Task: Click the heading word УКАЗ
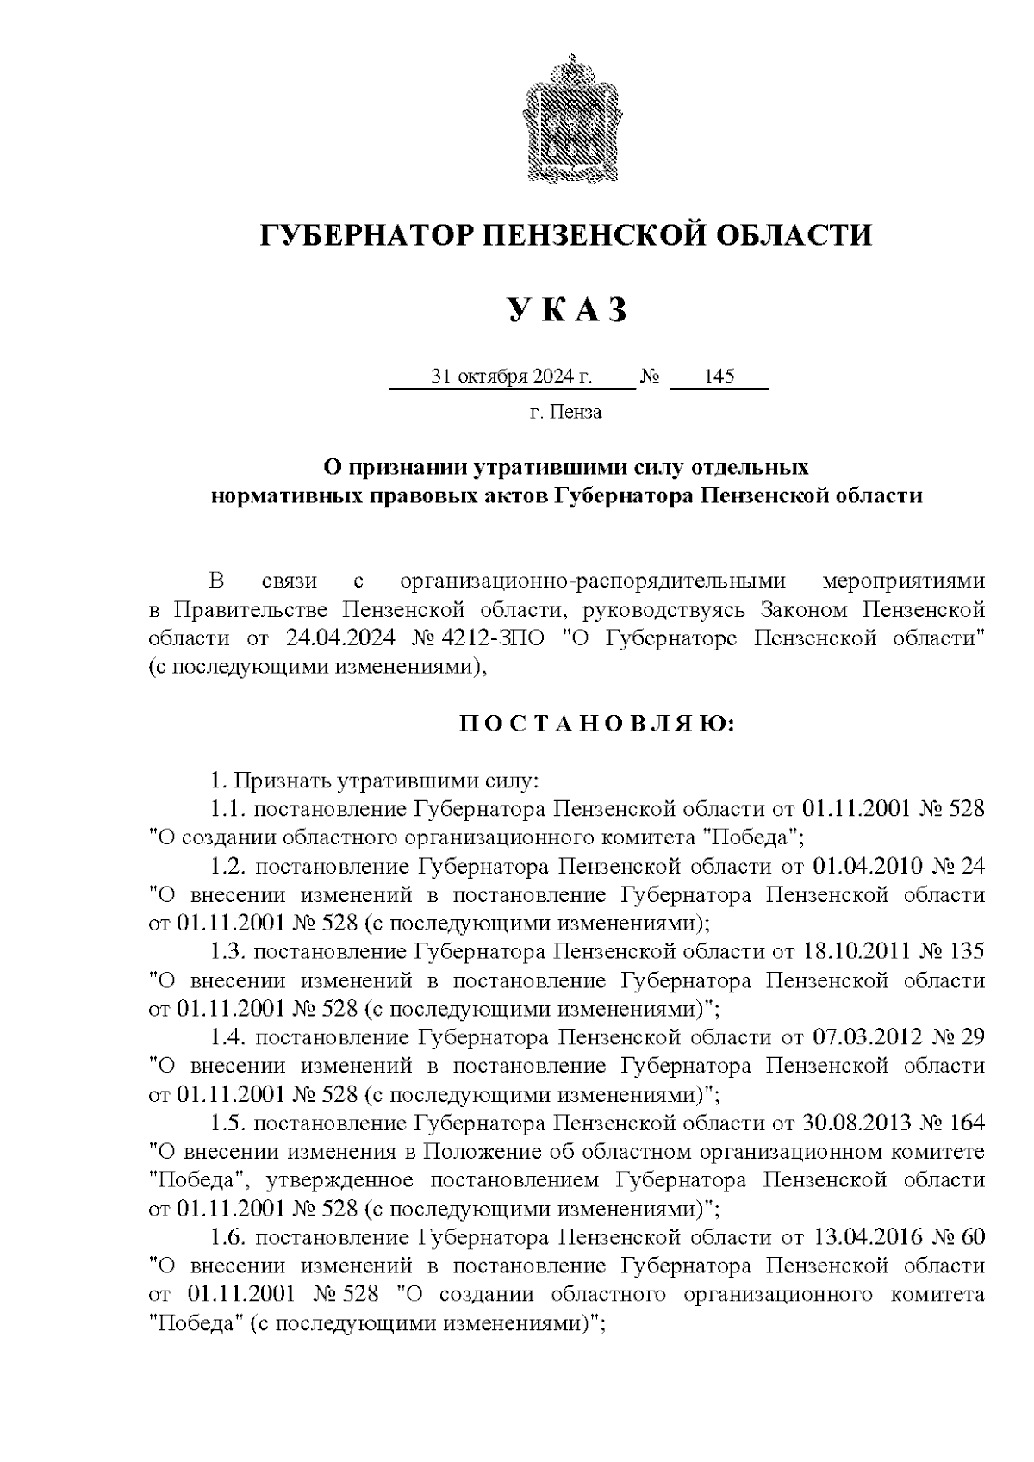point(565,311)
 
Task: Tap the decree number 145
point(719,376)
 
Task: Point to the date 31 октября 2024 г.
point(512,376)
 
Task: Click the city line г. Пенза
point(565,412)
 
